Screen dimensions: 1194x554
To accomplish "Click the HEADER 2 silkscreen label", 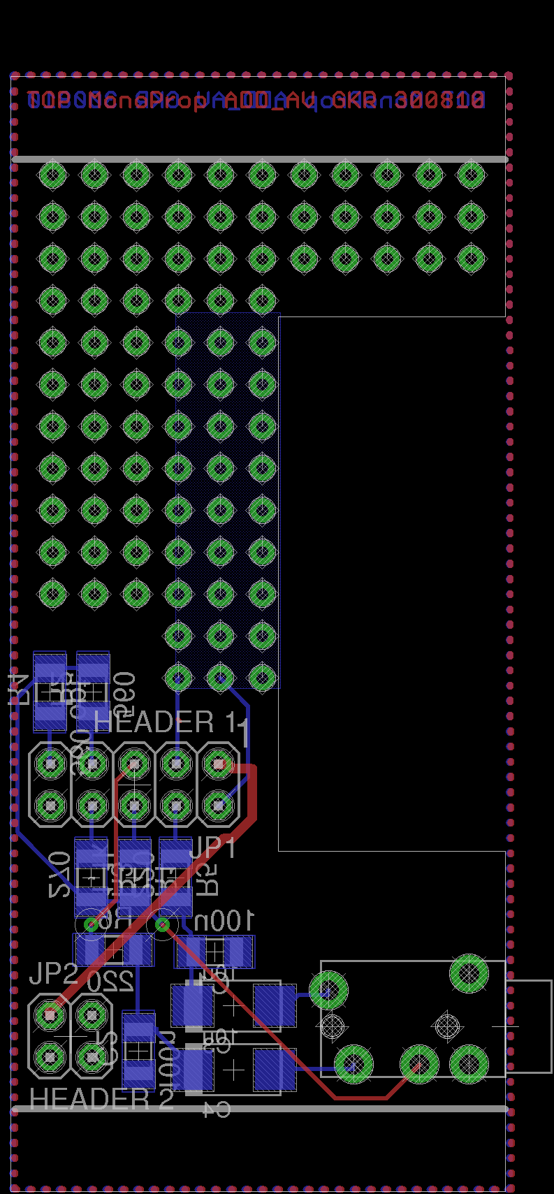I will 101,1100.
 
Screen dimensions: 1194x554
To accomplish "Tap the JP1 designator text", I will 213,847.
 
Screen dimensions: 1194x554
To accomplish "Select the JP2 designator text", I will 53,973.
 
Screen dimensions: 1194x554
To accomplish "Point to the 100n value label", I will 224,922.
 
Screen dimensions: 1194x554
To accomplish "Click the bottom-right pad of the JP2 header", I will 92,1058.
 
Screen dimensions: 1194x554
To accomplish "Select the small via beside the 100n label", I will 162,925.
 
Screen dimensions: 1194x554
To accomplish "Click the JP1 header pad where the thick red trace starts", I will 219,764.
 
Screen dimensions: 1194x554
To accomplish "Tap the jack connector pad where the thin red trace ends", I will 418,1064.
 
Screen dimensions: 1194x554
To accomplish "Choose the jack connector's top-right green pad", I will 469,973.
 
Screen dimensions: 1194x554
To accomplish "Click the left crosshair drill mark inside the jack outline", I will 332,1026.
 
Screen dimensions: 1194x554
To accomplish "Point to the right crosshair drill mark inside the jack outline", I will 447,1026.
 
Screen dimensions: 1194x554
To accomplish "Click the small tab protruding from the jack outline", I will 529,1026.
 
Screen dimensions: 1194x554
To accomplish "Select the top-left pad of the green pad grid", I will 52,175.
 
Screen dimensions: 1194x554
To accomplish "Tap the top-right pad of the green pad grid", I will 472,175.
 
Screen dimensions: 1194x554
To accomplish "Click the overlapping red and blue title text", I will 256,101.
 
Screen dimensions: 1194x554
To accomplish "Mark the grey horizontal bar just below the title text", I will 259,159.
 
